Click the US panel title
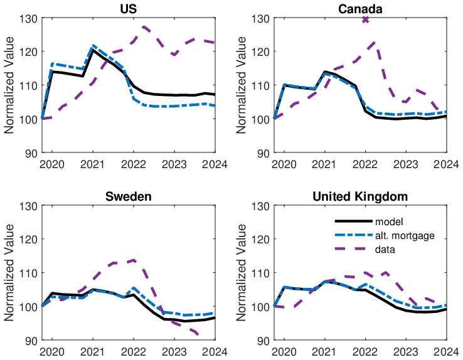click(129, 9)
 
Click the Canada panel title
click(360, 9)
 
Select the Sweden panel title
click(129, 196)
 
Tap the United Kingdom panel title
click(360, 196)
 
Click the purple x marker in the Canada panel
click(365, 19)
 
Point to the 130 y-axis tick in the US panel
click(29, 18)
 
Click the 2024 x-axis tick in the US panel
click(215, 164)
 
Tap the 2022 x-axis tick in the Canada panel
click(365, 164)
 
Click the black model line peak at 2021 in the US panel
click(93, 50)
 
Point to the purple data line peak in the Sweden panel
click(134, 260)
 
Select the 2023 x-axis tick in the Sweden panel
click(174, 352)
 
